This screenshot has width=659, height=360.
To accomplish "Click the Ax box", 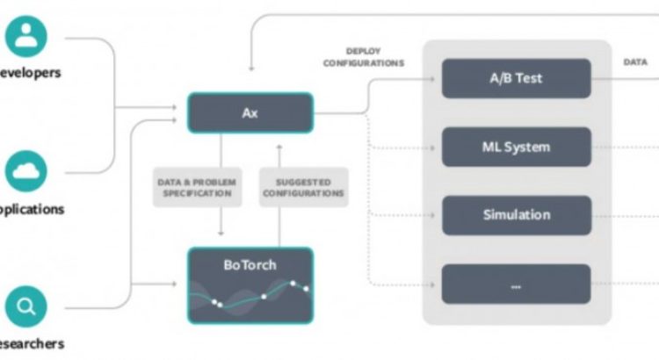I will click(x=250, y=113).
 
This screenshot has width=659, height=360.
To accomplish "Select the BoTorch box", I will click(x=250, y=284).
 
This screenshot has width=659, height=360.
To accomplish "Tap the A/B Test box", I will click(x=516, y=78).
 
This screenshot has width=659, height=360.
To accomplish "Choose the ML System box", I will click(x=516, y=147).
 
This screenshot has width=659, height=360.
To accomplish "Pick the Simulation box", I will click(x=516, y=215).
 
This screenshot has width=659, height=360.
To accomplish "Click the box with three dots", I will click(x=516, y=284).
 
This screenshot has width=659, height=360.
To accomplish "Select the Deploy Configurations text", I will click(x=363, y=57).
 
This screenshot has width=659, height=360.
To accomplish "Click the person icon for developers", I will click(x=27, y=35).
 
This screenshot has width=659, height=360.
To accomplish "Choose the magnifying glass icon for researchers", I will click(x=27, y=307).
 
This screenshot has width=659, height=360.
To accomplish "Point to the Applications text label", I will click(x=32, y=209).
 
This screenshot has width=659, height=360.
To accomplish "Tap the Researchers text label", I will click(x=32, y=344).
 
